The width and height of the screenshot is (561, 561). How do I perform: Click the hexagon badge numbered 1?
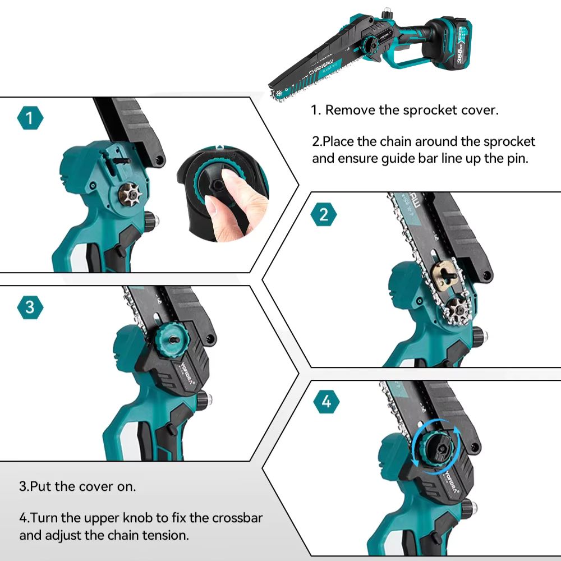(x=30, y=118)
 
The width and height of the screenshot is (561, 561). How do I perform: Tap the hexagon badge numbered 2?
(x=324, y=215)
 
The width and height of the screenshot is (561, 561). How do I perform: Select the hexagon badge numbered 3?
(x=30, y=307)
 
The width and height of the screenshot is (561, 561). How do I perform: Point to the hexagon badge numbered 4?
(x=327, y=402)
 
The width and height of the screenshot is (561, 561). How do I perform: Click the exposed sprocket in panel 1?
(x=130, y=194)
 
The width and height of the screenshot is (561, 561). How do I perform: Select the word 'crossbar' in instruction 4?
(x=237, y=518)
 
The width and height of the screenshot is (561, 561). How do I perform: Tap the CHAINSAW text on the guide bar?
(x=321, y=67)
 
